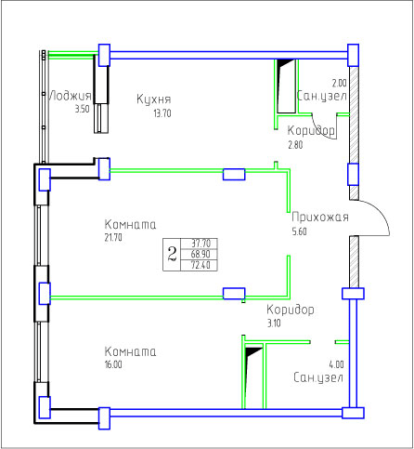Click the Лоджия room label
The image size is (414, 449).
tap(71, 96)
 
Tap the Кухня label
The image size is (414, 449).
tap(154, 99)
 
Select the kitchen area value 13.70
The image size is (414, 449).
tap(162, 113)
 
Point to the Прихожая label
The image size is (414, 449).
tap(320, 218)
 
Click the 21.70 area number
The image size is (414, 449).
tap(113, 237)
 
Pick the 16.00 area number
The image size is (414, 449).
tap(113, 364)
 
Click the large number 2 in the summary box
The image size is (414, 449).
tap(172, 254)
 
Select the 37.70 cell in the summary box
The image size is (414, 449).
tap(201, 244)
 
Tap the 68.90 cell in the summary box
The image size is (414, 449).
tap(201, 254)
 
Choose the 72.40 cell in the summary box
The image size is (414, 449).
tap(201, 265)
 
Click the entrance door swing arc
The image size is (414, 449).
tap(382, 215)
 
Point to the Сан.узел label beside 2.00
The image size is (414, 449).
tap(322, 96)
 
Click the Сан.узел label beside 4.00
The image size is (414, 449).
tap(318, 377)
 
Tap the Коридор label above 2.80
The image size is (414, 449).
tap(311, 130)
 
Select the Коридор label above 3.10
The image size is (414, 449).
tap(291, 310)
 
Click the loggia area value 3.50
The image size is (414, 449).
tap(83, 109)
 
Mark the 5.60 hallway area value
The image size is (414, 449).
tap(300, 231)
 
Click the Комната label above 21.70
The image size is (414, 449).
tap(130, 224)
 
